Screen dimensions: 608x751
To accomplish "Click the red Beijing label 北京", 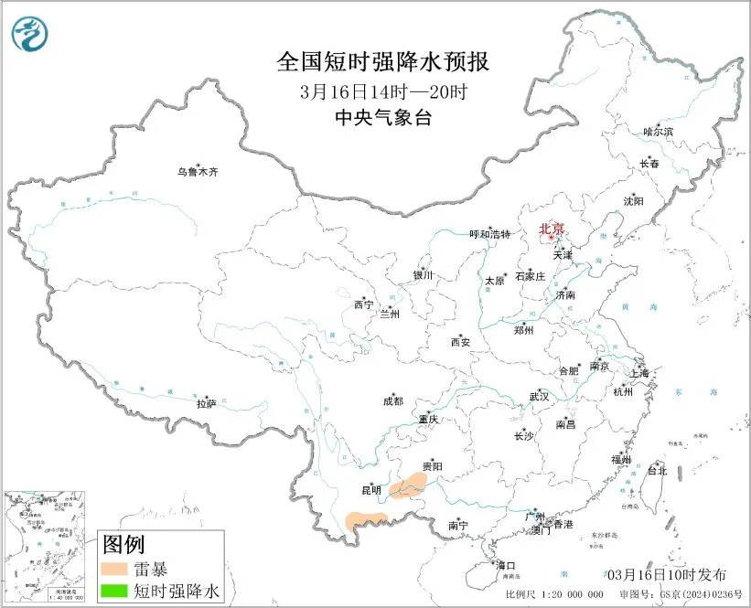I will coord(551,229).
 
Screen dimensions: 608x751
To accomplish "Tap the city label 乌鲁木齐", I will coord(198,172).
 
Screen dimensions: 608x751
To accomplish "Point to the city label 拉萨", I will coord(206,402).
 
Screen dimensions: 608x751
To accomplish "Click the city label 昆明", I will coord(370,491).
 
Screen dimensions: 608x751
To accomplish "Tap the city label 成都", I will coord(392,400).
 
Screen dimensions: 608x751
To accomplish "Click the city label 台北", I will coord(657,471).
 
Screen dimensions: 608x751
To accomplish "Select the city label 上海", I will coord(640,373).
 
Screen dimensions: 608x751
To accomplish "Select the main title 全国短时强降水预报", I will coord(382,63).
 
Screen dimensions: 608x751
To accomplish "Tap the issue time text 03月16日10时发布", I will coord(667,575).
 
